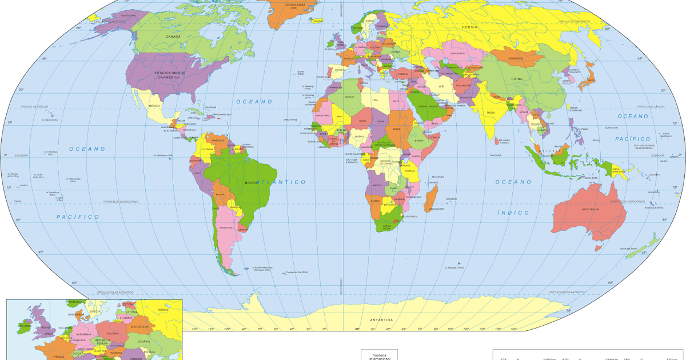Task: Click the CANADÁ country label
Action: coord(173,37)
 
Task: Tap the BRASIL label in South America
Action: coord(252,182)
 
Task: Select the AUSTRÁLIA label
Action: coord(591,210)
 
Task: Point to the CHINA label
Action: coord(517,79)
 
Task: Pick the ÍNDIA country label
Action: coord(490,113)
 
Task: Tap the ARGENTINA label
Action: coord(226,227)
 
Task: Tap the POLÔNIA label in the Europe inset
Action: coord(112,333)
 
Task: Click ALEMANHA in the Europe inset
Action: coord(84,334)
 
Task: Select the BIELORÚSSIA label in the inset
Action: coord(139,326)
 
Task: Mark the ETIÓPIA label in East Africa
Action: coord(419,140)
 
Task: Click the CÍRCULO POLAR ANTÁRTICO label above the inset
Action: coord(119,291)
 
